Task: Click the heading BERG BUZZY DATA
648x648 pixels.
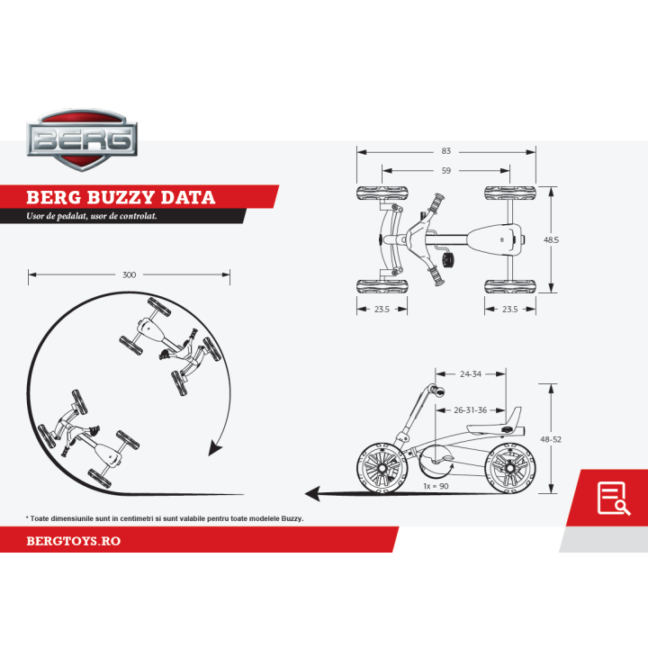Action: [120, 197]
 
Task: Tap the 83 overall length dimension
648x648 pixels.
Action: [446, 151]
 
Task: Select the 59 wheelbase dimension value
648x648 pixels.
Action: [445, 169]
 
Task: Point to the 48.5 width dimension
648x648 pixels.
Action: [552, 240]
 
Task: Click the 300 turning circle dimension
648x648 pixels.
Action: [129, 274]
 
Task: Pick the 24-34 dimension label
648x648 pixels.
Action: [471, 373]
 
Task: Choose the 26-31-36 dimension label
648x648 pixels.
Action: [471, 409]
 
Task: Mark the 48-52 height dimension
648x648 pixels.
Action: [552, 438]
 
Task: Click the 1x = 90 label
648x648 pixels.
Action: [436, 486]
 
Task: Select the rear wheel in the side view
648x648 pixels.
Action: [511, 468]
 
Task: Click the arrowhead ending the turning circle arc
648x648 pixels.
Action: [215, 447]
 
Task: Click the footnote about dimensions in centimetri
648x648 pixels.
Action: [165, 518]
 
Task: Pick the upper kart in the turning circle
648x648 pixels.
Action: [171, 349]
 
